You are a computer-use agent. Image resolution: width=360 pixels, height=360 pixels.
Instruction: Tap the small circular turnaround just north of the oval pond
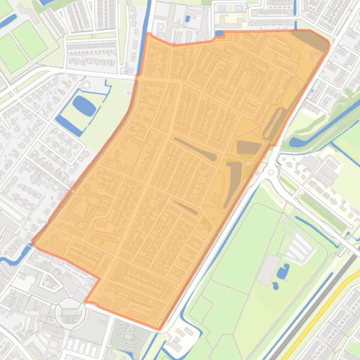[86, 85]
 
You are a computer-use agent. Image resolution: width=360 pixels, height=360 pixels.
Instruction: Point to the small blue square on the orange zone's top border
[219, 33]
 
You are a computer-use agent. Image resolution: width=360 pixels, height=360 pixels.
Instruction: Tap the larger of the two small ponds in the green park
[283, 271]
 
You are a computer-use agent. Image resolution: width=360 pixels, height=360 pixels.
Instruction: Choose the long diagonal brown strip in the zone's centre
[196, 149]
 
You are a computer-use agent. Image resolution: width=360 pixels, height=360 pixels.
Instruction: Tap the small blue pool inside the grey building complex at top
[188, 19]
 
